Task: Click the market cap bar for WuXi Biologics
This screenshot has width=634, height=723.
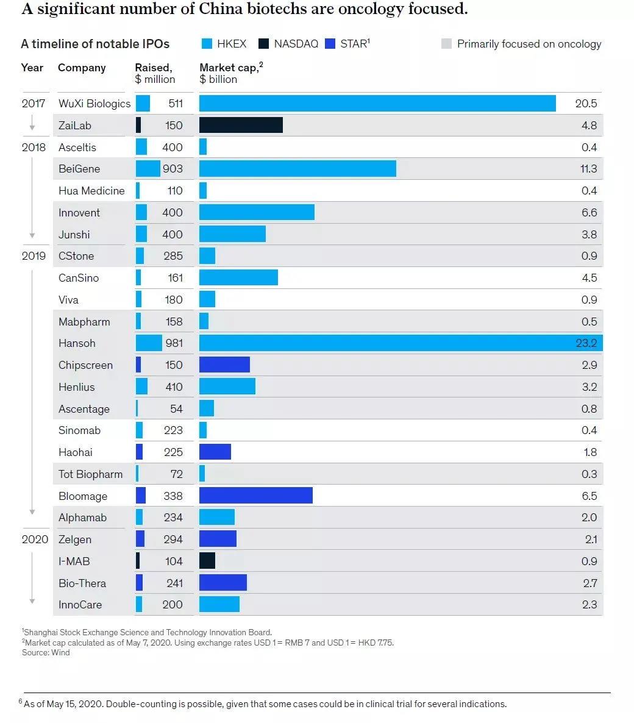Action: (x=377, y=104)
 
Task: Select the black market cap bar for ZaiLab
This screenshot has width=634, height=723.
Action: (x=241, y=126)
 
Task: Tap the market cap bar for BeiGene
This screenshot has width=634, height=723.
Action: (x=297, y=169)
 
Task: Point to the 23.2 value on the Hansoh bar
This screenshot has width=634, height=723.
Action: (x=586, y=343)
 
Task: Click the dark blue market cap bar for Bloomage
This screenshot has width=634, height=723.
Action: (x=256, y=496)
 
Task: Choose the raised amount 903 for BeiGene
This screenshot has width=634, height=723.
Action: (x=173, y=169)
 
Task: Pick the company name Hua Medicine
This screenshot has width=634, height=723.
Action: (x=91, y=191)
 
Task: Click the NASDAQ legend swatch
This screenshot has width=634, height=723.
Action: (x=264, y=44)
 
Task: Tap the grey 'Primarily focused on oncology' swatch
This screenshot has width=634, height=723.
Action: (x=446, y=44)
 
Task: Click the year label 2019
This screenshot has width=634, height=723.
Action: (x=34, y=256)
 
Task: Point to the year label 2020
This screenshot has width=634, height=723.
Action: (x=35, y=540)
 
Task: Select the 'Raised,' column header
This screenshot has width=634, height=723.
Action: (x=154, y=68)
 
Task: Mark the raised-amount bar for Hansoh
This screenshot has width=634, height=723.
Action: (x=149, y=343)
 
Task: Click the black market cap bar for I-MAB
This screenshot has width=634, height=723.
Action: (x=207, y=561)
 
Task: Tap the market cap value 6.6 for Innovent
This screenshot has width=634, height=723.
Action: (x=589, y=213)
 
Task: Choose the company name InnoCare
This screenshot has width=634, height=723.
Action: (x=80, y=605)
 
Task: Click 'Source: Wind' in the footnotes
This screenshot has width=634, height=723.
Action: (x=46, y=653)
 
